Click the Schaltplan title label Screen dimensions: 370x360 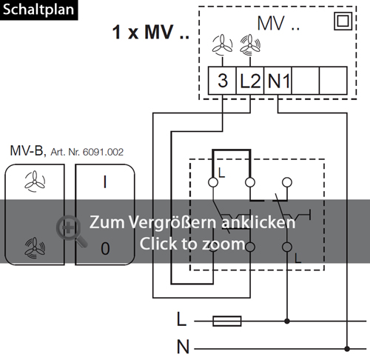[x=38, y=10]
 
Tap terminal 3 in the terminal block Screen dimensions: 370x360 [x=222, y=81]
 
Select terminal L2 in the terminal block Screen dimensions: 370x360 [x=250, y=81]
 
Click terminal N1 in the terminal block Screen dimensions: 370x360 [x=278, y=81]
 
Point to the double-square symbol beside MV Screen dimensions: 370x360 [x=343, y=21]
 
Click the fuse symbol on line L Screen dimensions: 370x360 [x=227, y=321]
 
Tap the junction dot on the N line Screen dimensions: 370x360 [x=347, y=349]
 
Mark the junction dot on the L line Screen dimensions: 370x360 [x=287, y=321]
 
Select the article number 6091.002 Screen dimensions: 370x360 [x=103, y=152]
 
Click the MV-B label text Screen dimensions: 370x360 [x=27, y=150]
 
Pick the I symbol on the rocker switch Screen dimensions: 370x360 [x=105, y=182]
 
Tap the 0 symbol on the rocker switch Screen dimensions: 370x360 [x=105, y=248]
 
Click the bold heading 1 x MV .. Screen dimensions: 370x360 [x=151, y=32]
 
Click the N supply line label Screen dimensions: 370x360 [x=183, y=347]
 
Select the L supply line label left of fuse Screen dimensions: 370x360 [x=181, y=319]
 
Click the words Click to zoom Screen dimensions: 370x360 [x=192, y=244]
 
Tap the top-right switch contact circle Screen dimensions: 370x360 [x=287, y=182]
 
